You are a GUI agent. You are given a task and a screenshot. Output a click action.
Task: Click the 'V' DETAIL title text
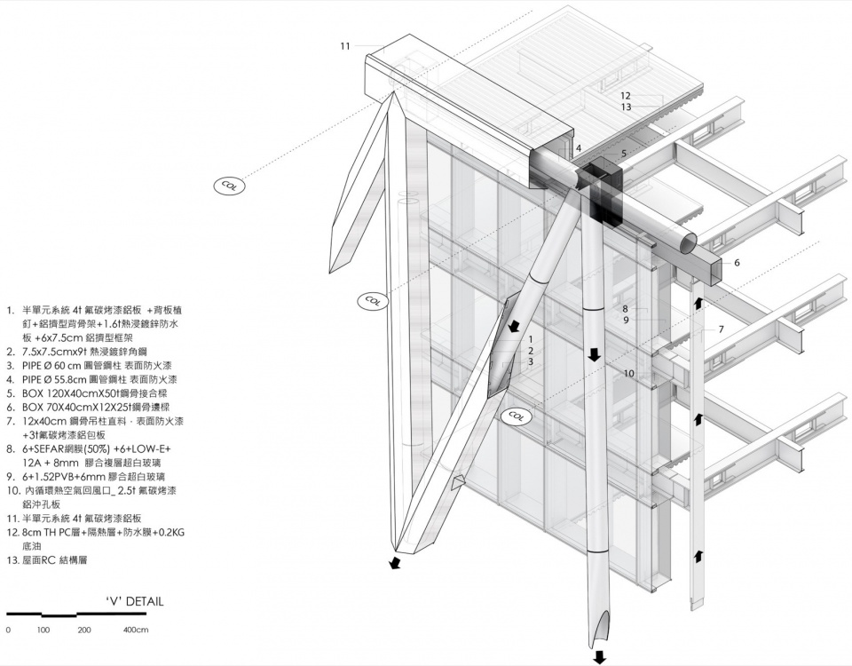click(x=134, y=601)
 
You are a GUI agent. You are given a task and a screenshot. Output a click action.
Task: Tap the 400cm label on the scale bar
click(x=136, y=630)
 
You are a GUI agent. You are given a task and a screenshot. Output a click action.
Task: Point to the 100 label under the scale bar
click(x=43, y=630)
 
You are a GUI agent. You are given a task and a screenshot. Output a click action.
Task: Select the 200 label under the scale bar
click(x=84, y=630)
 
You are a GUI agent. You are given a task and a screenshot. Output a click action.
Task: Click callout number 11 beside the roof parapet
click(x=345, y=45)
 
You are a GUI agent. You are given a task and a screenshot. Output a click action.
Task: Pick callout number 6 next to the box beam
click(x=737, y=262)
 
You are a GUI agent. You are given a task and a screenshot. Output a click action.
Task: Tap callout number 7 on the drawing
click(x=721, y=329)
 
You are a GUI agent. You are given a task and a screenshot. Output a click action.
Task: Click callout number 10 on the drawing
click(x=628, y=374)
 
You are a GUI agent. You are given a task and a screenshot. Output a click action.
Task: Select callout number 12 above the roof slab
click(x=626, y=95)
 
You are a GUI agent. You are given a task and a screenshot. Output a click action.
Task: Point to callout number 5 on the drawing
click(x=623, y=154)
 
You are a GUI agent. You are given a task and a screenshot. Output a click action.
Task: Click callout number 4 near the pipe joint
click(x=578, y=148)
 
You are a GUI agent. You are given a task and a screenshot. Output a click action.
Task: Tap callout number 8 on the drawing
click(x=625, y=309)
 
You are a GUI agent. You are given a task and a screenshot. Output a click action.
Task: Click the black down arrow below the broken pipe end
click(x=600, y=657)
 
